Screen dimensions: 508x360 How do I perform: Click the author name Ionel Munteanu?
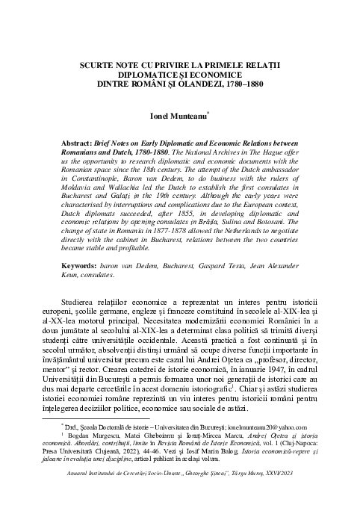click(179, 117)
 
